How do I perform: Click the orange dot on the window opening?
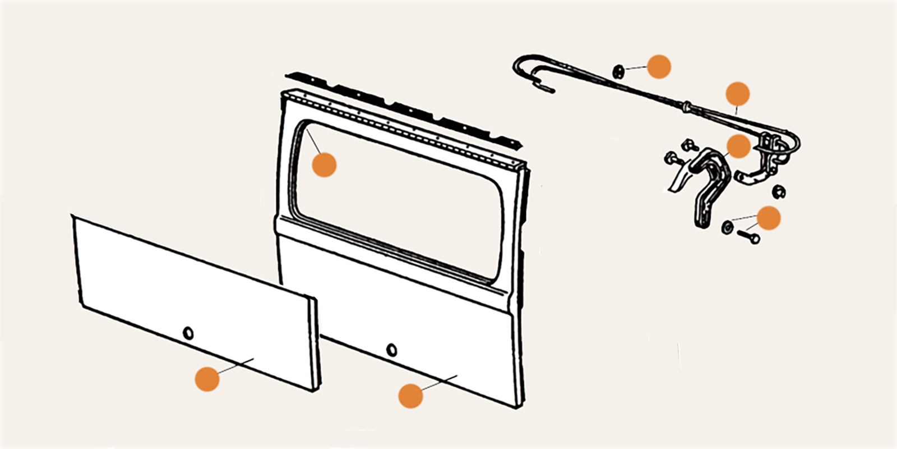point(324,164)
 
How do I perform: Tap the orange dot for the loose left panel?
point(207,379)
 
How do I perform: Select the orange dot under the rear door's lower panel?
point(410,396)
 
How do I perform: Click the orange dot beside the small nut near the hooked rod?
point(659,67)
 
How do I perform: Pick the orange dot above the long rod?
point(737,94)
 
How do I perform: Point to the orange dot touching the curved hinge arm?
point(738,146)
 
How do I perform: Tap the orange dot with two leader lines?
point(768,218)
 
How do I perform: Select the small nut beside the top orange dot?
point(619,71)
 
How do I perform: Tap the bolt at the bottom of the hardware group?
point(748,237)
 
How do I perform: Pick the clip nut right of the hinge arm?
point(778,192)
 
